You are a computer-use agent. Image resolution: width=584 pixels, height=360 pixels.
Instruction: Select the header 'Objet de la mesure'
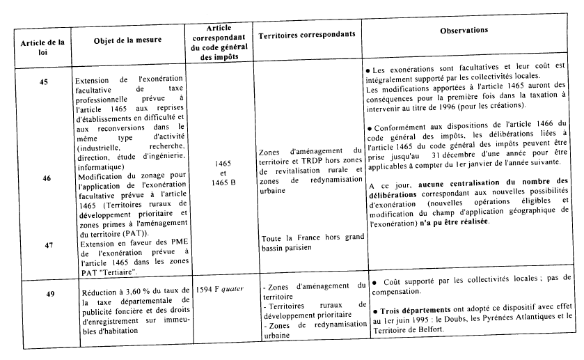click(127, 40)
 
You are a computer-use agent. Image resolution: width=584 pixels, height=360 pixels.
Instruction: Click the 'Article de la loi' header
click(43, 47)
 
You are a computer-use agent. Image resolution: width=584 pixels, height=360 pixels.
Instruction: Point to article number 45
click(44, 82)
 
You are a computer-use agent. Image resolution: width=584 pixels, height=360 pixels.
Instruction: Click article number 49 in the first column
click(50, 294)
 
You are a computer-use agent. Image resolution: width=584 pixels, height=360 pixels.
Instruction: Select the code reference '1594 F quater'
click(221, 287)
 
